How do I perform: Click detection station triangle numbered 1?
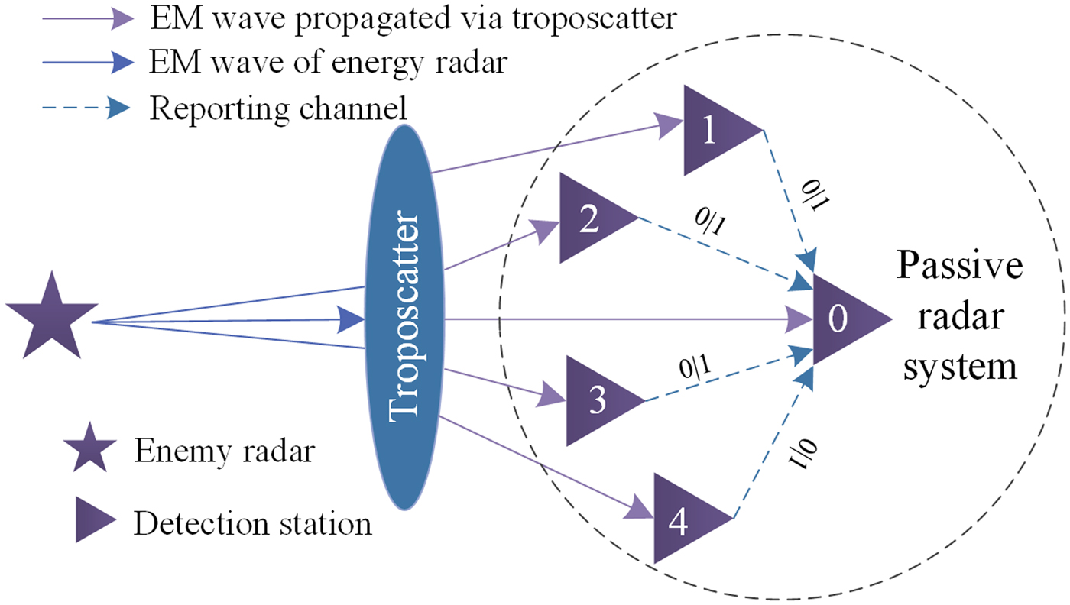point(715,131)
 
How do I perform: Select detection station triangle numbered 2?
point(590,218)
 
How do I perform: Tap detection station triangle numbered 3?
point(597,400)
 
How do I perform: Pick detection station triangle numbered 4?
point(684,519)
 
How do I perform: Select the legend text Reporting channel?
point(277,108)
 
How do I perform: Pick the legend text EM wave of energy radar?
point(328,63)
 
